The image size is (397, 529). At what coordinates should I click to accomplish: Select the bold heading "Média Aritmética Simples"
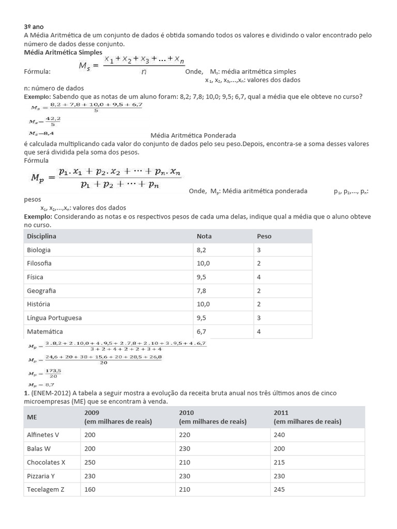(63, 52)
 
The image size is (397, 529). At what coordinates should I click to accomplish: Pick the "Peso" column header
(264, 236)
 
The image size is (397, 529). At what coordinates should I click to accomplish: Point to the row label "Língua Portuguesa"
(54, 318)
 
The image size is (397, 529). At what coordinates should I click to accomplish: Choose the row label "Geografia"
(41, 290)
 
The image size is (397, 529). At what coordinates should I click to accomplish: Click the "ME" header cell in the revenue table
(32, 417)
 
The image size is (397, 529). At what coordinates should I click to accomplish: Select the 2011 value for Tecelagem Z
(280, 489)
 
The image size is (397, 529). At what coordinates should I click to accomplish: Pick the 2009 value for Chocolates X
(90, 462)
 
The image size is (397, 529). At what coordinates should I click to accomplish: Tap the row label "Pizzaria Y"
(41, 476)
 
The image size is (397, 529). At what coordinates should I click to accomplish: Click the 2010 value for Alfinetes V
(185, 435)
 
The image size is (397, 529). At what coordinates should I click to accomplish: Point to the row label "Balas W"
(38, 448)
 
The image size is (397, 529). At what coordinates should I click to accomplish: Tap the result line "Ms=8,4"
(41, 133)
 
